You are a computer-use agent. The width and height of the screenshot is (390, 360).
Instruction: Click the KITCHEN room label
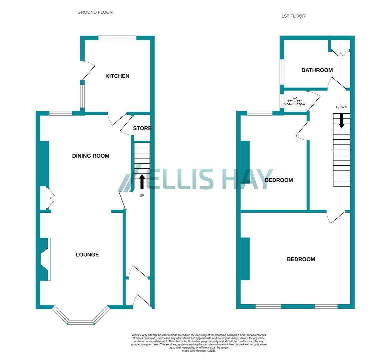pyautogui.click(x=117, y=76)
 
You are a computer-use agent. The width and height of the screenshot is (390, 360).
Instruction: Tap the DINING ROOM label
pyautogui.click(x=91, y=156)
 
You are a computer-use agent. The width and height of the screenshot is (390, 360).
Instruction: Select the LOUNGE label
pyautogui.click(x=87, y=255)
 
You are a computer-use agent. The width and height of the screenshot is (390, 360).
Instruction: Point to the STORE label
pyautogui.click(x=142, y=128)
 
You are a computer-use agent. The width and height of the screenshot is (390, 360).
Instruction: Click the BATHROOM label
pyautogui.click(x=317, y=70)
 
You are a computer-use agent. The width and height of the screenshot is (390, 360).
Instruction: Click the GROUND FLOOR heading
pyautogui.click(x=95, y=12)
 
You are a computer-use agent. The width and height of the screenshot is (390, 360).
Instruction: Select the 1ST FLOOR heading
pyautogui.click(x=293, y=16)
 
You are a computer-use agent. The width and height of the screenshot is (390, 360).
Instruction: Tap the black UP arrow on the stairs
pyautogui.click(x=142, y=181)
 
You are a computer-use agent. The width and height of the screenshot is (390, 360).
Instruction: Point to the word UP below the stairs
pyautogui.click(x=142, y=195)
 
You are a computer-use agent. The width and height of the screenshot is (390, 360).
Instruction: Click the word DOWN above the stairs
pyautogui.click(x=341, y=107)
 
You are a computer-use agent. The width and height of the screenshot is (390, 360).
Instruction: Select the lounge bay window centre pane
pyautogui.click(x=81, y=322)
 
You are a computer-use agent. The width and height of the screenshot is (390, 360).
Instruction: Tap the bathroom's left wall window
pyautogui.click(x=282, y=72)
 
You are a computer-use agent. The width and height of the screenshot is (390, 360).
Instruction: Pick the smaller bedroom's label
pyautogui.click(x=279, y=180)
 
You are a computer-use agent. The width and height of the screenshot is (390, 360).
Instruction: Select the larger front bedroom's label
pyautogui.click(x=301, y=259)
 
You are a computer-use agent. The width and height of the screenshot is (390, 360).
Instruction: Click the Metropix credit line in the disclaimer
pyautogui.click(x=199, y=351)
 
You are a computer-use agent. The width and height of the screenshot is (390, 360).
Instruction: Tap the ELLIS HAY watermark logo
pyautogui.click(x=195, y=180)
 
